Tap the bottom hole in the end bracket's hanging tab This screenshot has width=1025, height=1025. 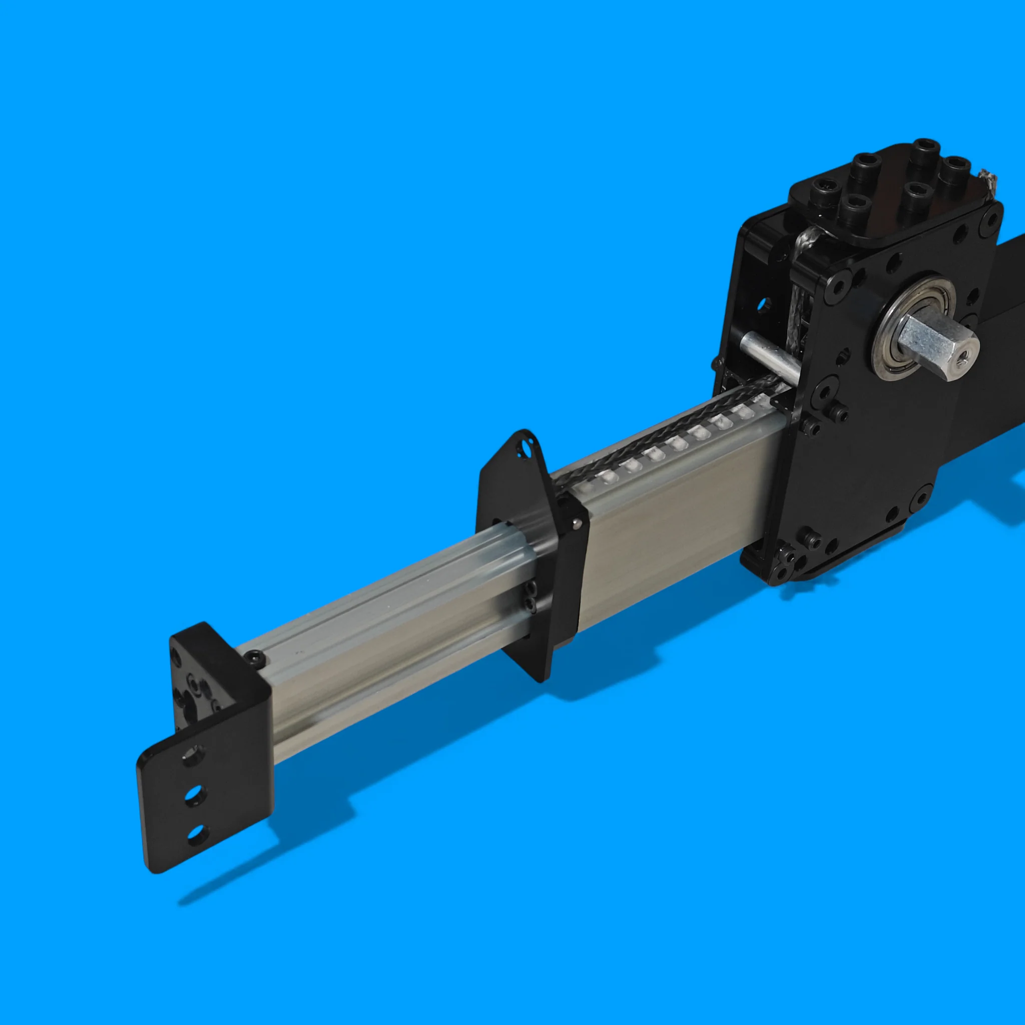(197, 834)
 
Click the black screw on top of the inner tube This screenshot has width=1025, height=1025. (256, 660)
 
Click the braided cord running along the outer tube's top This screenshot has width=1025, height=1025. (663, 440)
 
